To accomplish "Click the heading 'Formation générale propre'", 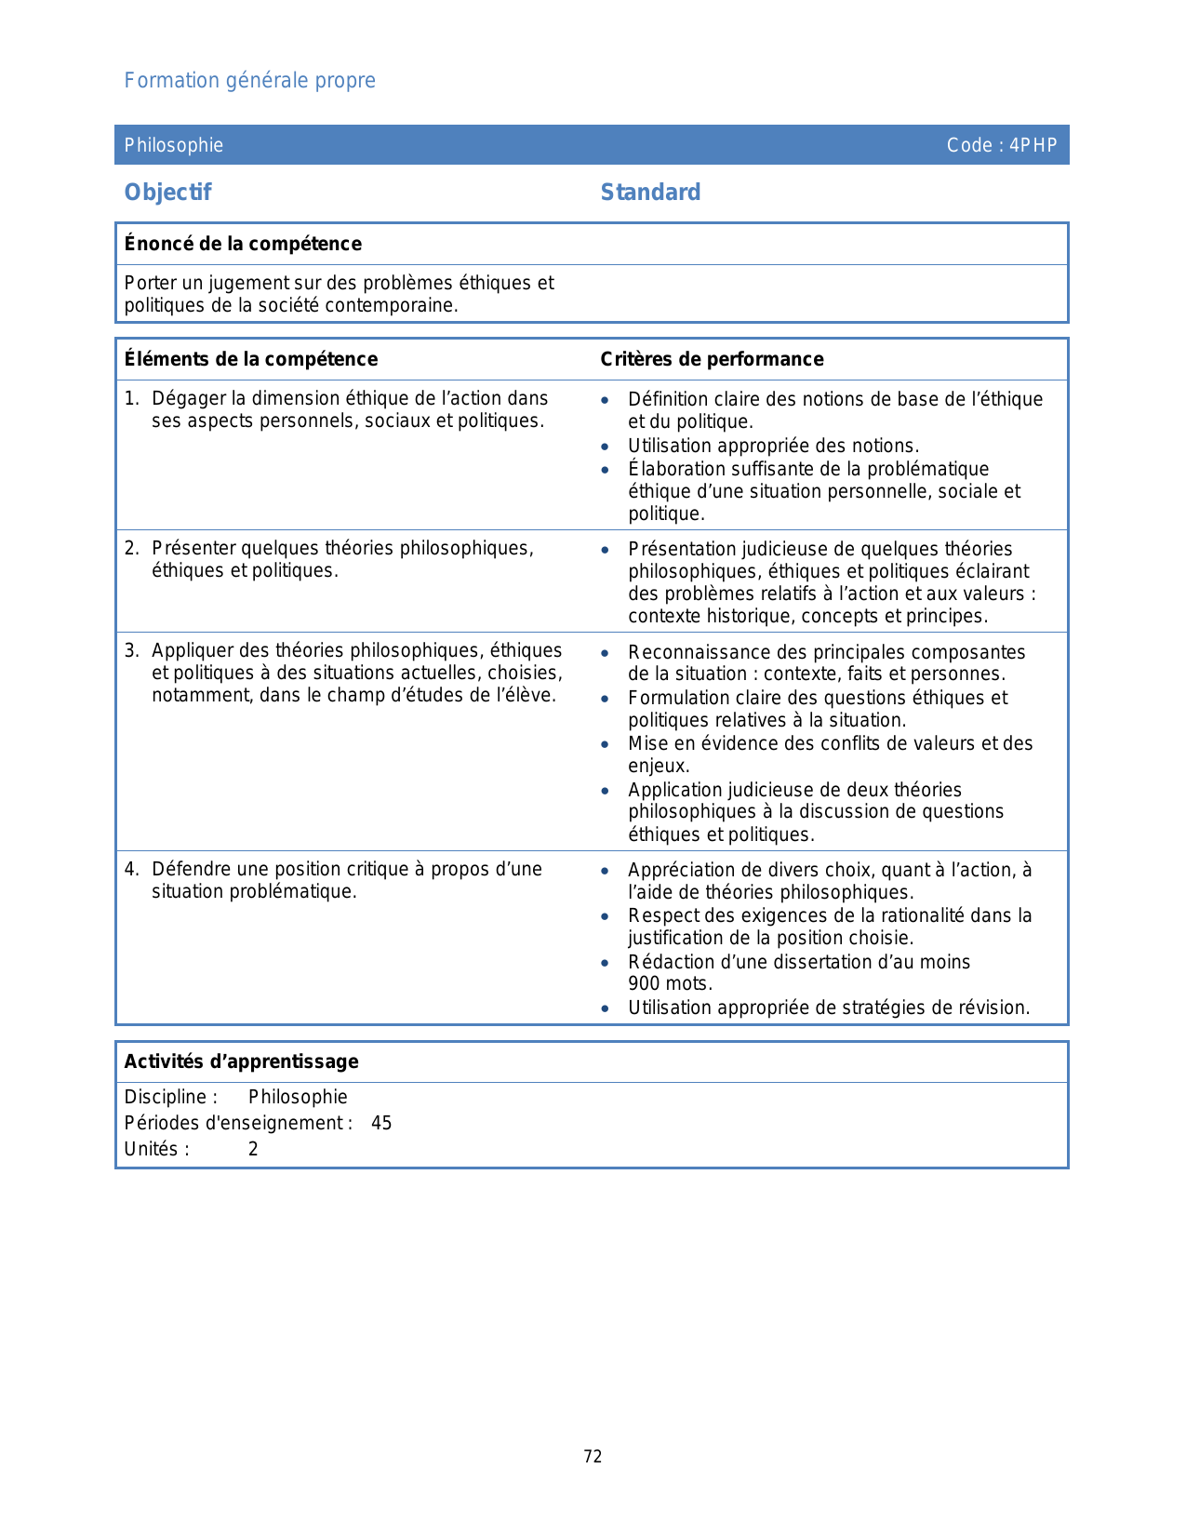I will [x=249, y=81].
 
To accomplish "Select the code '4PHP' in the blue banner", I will [x=1033, y=145].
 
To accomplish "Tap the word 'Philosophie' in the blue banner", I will [x=174, y=145].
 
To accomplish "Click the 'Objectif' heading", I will [x=168, y=193].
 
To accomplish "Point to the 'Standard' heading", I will [x=650, y=193].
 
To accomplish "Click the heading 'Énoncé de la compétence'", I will [x=243, y=244].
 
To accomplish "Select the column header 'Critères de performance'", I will [x=712, y=359].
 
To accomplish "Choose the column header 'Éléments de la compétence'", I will [x=251, y=359].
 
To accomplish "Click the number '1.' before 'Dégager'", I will [x=131, y=398].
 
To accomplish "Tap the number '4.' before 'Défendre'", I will [x=131, y=869].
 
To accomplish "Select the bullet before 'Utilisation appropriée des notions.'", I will [x=606, y=447].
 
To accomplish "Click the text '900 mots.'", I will [x=670, y=984].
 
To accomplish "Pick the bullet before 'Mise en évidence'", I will [x=606, y=744].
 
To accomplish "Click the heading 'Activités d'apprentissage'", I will [x=242, y=1061].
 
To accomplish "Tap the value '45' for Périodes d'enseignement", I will [x=381, y=1123].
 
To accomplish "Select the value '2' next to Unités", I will [x=253, y=1149].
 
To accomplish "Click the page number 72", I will [x=593, y=1457].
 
